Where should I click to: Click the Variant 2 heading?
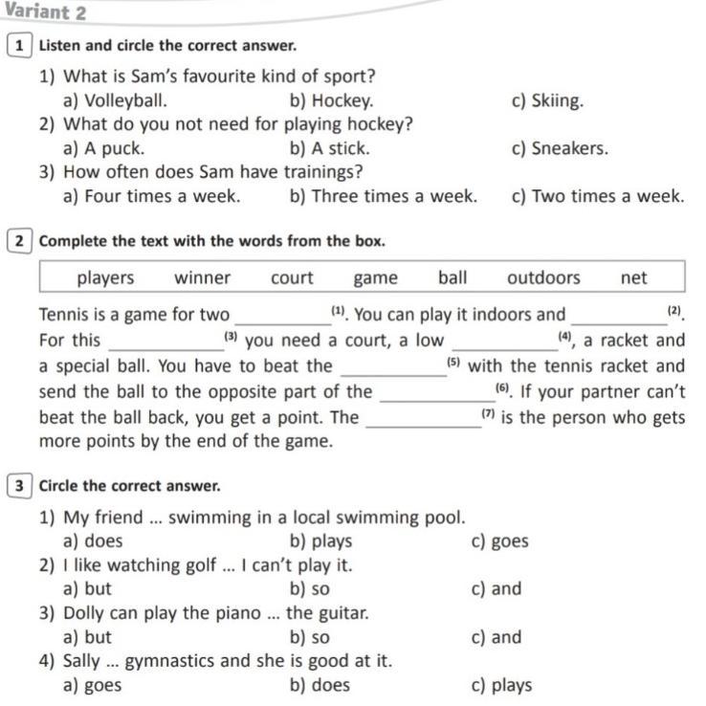coord(45,12)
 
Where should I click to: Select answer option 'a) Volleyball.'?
coord(115,100)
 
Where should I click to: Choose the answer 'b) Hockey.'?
coord(331,100)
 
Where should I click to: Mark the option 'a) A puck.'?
coord(103,148)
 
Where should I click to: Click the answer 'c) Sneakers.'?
coord(560,148)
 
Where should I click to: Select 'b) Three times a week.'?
coord(383,196)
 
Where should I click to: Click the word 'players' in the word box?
coord(105,277)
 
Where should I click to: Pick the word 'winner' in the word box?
coord(202,277)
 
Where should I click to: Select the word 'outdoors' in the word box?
coord(543,277)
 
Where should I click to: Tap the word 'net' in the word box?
coord(633,277)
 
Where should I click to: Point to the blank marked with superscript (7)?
coord(424,420)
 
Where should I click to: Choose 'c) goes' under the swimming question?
coord(499,541)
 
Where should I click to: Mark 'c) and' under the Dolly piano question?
coord(496,637)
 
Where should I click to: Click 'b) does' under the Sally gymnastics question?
coord(319,685)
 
